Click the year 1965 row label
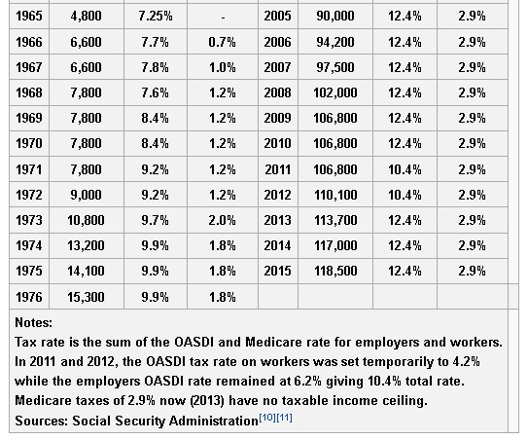(29, 16)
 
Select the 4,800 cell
(86, 16)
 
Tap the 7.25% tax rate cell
(156, 16)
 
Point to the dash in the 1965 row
(223, 18)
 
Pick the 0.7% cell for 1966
(223, 42)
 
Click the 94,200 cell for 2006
(335, 42)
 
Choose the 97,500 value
(335, 67)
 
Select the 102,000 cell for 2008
(335, 92)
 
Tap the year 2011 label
(277, 169)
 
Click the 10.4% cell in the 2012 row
(405, 195)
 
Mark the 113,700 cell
(335, 220)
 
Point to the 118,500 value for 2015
(335, 271)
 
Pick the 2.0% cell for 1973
(223, 220)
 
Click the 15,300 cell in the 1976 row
(86, 297)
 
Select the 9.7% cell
(156, 220)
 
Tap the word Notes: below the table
(34, 322)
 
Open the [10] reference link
(267, 418)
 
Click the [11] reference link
(284, 418)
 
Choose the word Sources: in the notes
(42, 421)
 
